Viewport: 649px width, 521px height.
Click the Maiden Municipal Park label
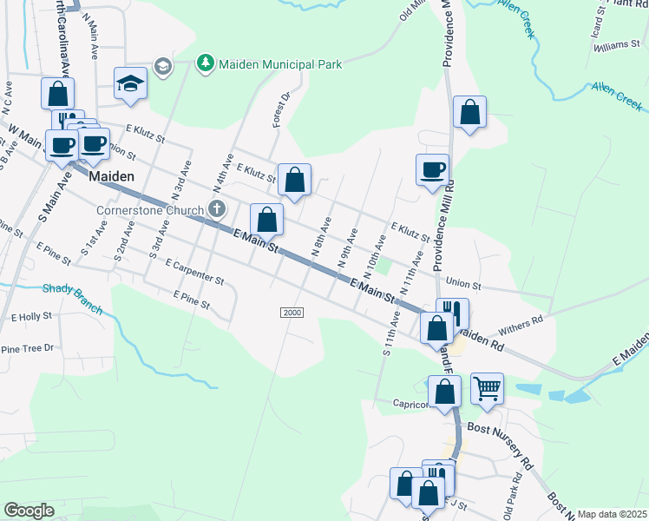(280, 64)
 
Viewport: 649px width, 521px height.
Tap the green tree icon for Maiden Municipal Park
(205, 63)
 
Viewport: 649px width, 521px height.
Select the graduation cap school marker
(130, 84)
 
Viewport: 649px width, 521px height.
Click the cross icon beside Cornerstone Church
(216, 209)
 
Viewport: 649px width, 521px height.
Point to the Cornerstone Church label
(151, 209)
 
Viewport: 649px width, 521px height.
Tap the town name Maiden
(112, 175)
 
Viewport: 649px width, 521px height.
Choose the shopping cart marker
(488, 389)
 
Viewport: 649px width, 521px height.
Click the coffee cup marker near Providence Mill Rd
(432, 169)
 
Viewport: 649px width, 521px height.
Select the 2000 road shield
(292, 313)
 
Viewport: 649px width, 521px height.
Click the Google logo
(28, 511)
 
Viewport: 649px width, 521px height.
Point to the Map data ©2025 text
(612, 514)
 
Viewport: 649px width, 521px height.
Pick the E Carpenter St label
(194, 273)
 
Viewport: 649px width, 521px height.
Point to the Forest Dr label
(281, 111)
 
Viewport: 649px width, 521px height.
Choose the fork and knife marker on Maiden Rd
(452, 313)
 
